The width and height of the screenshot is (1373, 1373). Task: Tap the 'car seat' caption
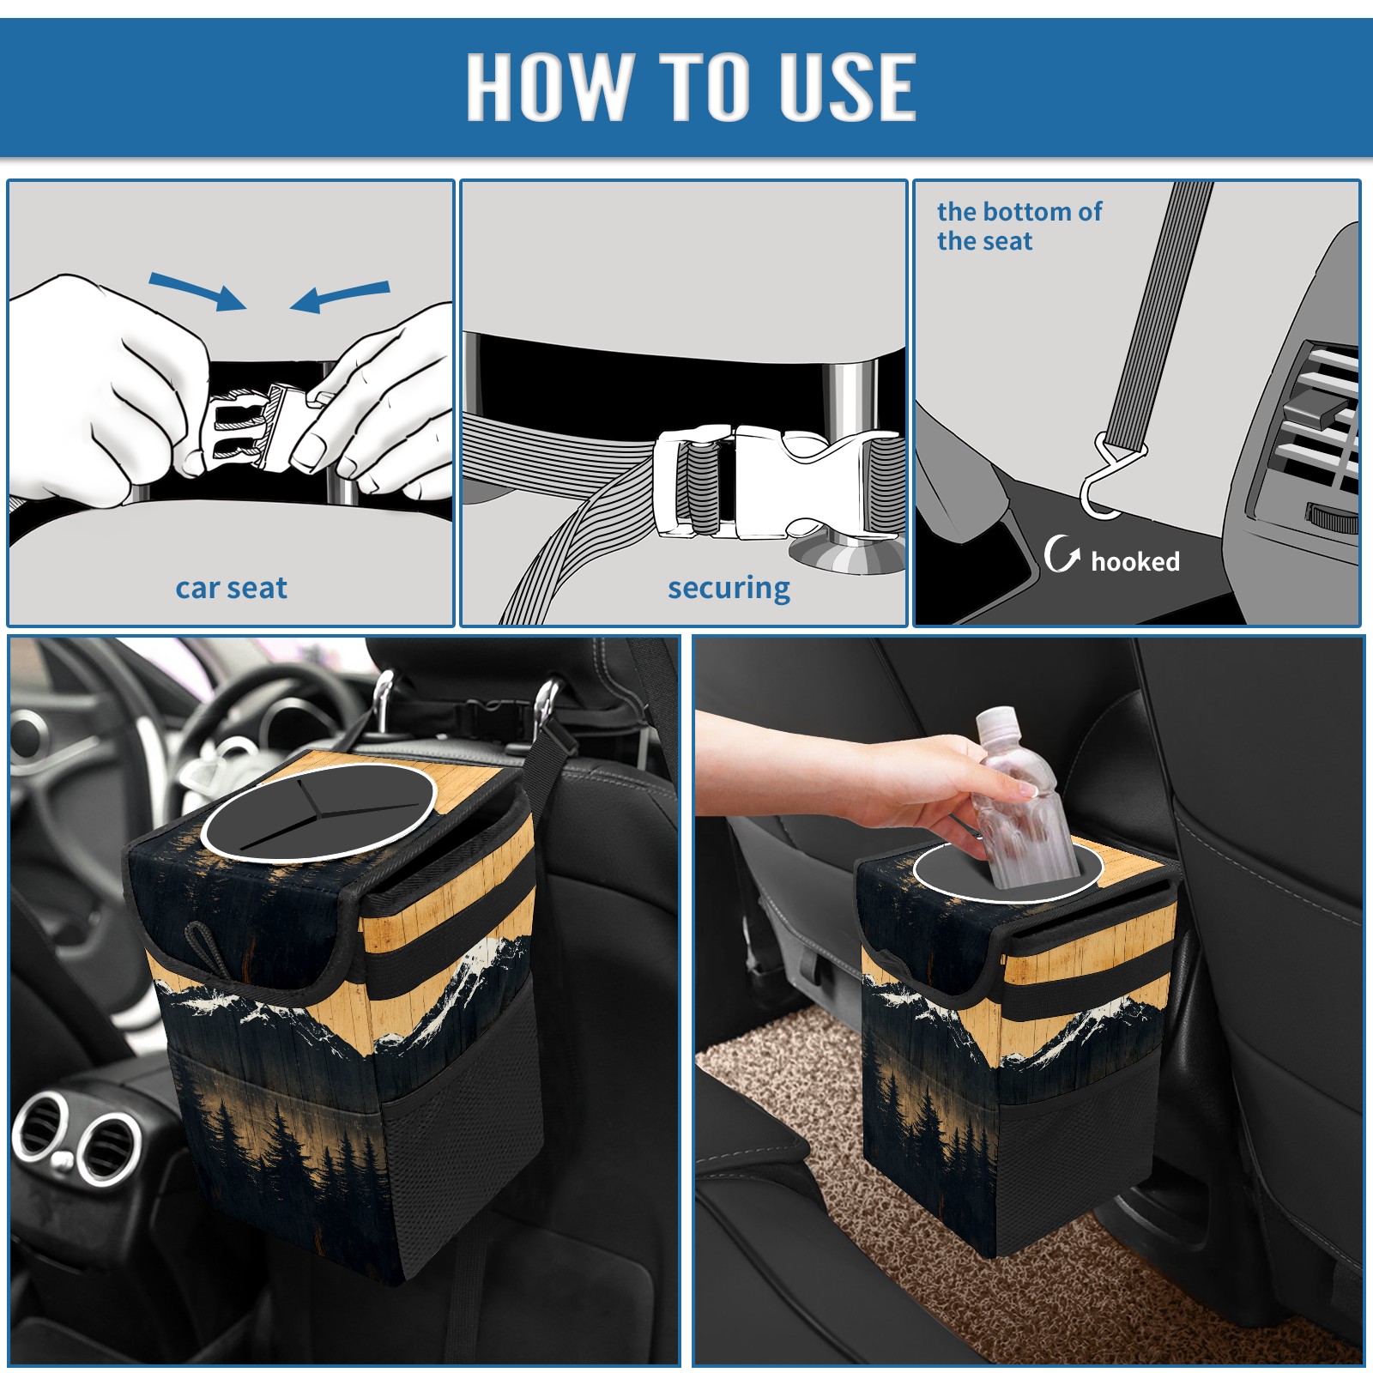(231, 589)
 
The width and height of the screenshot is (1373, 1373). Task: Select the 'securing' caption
(729, 589)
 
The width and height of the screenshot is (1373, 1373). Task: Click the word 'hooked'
(1135, 562)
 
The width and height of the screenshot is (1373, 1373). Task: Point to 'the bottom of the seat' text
(1019, 226)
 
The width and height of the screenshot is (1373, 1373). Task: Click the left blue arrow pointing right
(197, 291)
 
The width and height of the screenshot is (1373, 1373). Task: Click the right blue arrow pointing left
(340, 297)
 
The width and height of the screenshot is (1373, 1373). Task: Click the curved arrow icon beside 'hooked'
(1061, 553)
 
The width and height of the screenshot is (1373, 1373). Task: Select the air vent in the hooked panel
(1317, 429)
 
